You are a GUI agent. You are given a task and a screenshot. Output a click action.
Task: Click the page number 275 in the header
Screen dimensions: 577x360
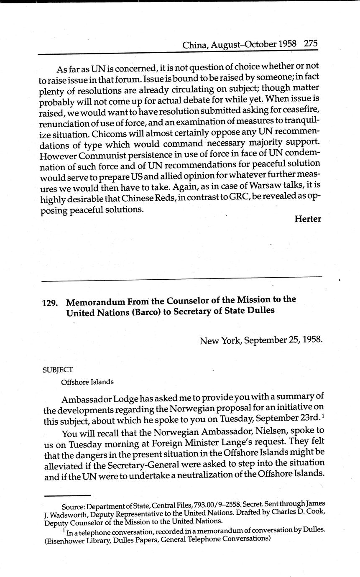tap(311, 43)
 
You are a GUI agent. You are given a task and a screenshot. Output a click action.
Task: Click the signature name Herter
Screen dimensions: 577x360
tap(307, 219)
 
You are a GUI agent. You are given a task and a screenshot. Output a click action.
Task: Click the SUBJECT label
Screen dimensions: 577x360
tap(58, 370)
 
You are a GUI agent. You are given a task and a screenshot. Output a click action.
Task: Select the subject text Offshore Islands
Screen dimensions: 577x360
tap(87, 382)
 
